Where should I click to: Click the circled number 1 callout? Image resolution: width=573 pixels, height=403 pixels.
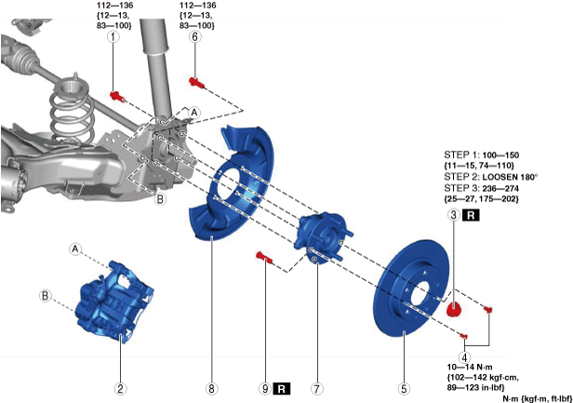click(113, 38)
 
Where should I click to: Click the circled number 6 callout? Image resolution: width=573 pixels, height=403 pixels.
click(194, 38)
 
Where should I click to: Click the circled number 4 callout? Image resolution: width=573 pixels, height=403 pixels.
click(464, 356)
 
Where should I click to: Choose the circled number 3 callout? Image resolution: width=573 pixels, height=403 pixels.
click(453, 215)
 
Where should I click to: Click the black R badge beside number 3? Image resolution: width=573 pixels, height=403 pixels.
click(472, 215)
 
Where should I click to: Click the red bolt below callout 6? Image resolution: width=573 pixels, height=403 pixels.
click(196, 82)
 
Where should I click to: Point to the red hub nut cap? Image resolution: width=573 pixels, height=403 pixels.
click(455, 308)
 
